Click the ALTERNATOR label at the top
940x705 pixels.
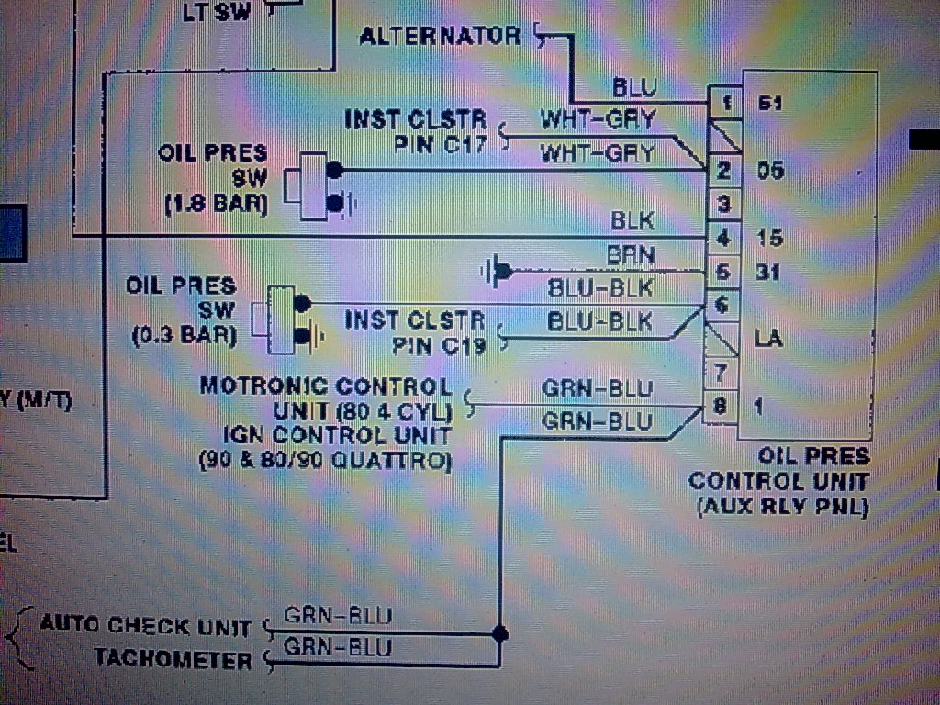tap(439, 36)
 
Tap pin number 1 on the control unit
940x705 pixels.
tap(725, 102)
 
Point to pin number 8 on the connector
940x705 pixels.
tap(722, 405)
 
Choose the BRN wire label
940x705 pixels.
tap(631, 254)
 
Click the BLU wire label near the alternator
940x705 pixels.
tap(635, 87)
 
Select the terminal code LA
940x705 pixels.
tap(768, 339)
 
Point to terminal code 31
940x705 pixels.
tap(769, 273)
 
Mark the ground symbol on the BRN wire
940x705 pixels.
tap(497, 271)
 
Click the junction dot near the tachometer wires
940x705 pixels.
tap(500, 633)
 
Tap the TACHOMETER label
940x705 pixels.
tap(173, 660)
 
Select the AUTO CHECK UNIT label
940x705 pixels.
tap(145, 627)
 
